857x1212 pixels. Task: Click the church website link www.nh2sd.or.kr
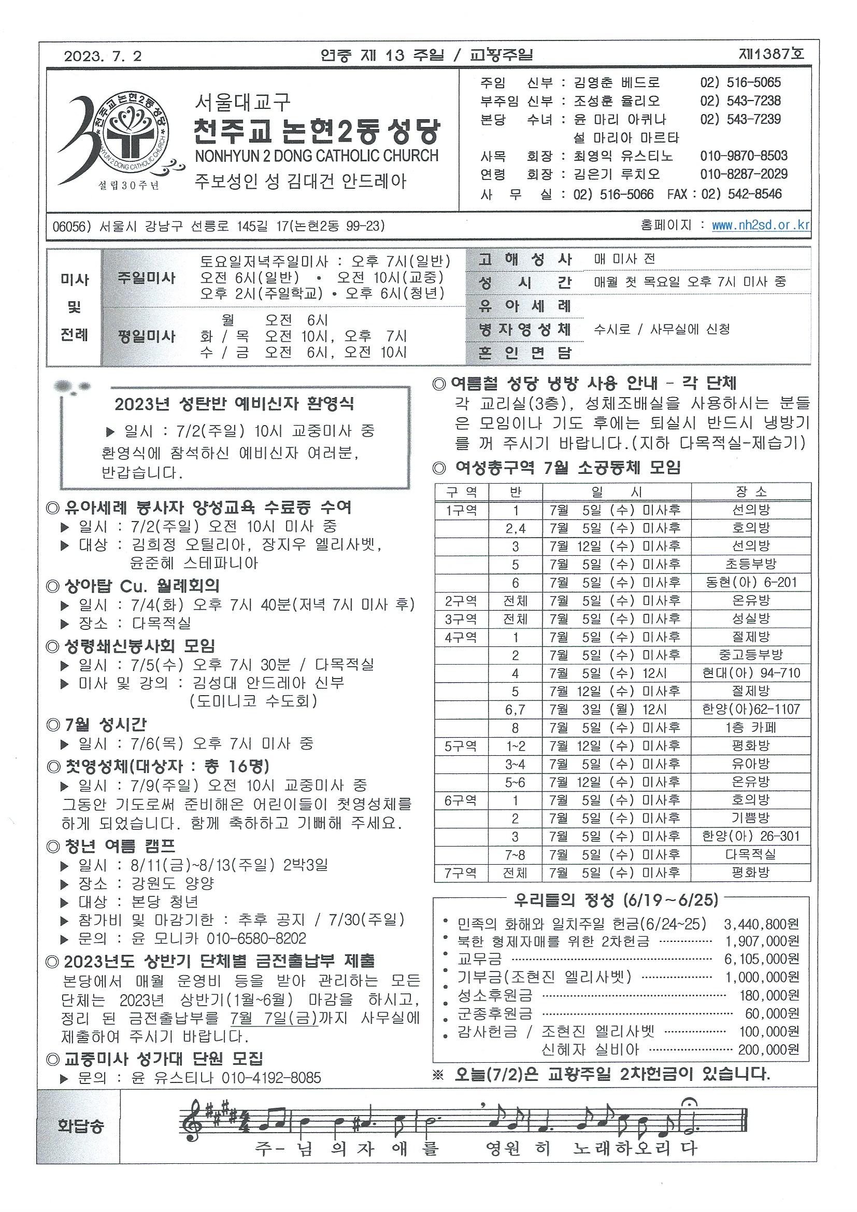[761, 226]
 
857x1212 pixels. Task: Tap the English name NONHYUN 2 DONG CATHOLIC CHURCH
[317, 156]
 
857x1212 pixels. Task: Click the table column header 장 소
[750, 491]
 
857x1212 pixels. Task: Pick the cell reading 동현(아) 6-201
[750, 582]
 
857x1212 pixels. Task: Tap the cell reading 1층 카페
[750, 727]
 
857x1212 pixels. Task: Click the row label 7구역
[461, 872]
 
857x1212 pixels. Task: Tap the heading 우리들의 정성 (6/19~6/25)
[616, 899]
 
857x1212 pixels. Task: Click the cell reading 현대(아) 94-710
[750, 673]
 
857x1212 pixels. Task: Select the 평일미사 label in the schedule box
[147, 336]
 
